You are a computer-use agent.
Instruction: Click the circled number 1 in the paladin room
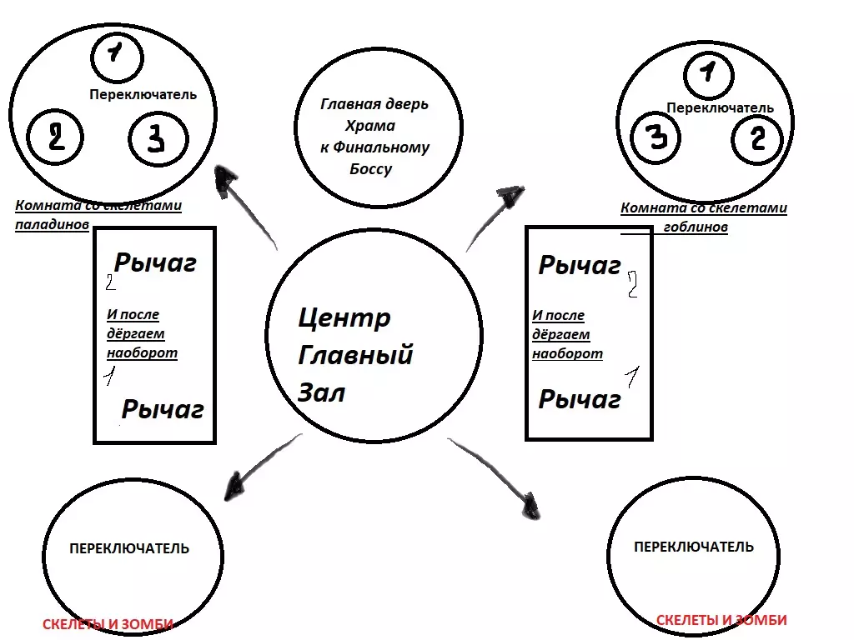tap(115, 53)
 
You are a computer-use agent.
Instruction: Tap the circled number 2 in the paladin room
tap(55, 137)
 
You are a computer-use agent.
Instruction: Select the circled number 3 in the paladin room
tap(155, 138)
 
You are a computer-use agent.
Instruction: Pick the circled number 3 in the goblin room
tap(658, 138)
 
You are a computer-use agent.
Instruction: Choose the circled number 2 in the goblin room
tap(756, 137)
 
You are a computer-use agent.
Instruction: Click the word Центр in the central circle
tap(344, 317)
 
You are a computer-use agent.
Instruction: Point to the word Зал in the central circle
tap(321, 392)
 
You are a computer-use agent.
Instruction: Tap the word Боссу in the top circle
tap(371, 169)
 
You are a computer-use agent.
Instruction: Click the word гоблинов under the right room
tap(696, 227)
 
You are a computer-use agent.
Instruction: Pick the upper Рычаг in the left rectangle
tap(155, 263)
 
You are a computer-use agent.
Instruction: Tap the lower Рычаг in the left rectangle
tap(163, 409)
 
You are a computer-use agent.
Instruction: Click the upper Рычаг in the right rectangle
tap(580, 266)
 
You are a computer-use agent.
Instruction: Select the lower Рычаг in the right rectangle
tap(580, 400)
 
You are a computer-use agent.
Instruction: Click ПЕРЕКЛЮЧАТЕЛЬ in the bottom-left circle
tap(129, 549)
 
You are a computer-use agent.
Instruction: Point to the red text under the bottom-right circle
tap(721, 620)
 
